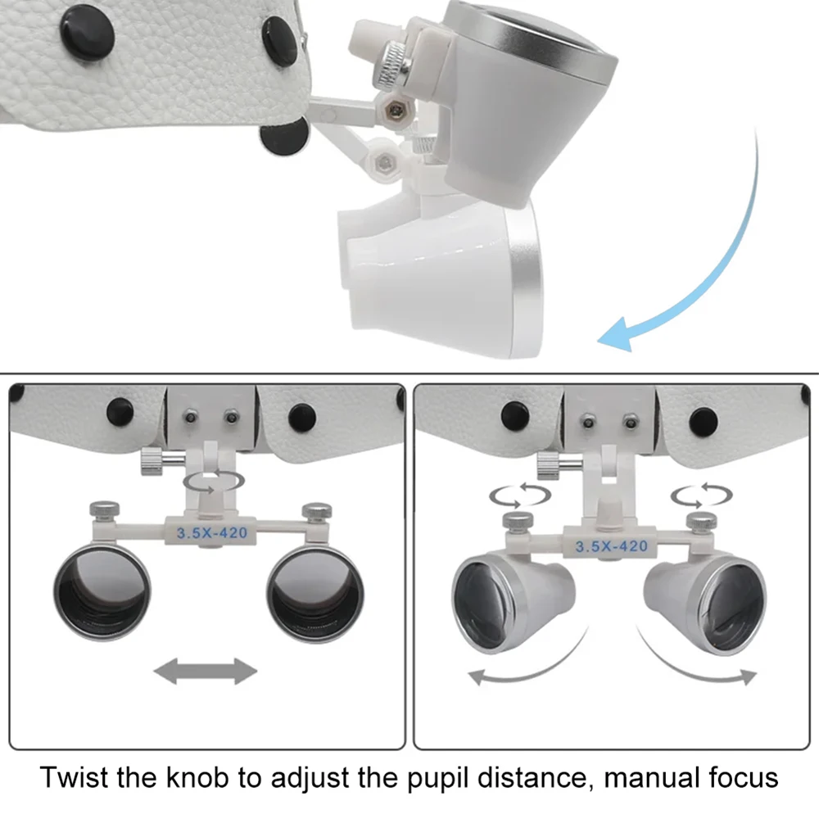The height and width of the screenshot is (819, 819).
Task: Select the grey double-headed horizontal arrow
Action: [206, 672]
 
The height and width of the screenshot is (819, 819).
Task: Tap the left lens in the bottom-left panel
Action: [103, 591]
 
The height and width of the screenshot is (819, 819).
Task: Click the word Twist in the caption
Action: [78, 777]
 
